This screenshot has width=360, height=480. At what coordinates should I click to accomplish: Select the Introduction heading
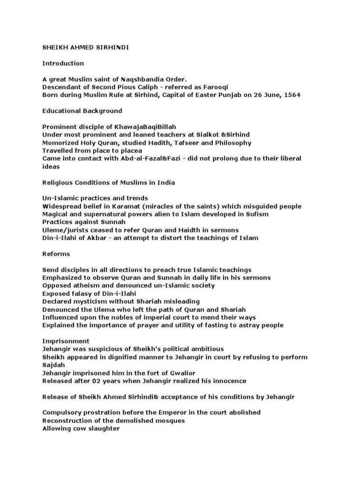(63, 63)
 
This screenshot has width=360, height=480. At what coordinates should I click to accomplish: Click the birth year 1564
(291, 95)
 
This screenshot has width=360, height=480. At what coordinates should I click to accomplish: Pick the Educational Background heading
(82, 111)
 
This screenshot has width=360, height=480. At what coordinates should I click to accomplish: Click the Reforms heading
(56, 254)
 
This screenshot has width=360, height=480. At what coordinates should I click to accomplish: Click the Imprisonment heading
(66, 341)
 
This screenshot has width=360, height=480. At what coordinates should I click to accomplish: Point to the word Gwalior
(199, 373)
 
